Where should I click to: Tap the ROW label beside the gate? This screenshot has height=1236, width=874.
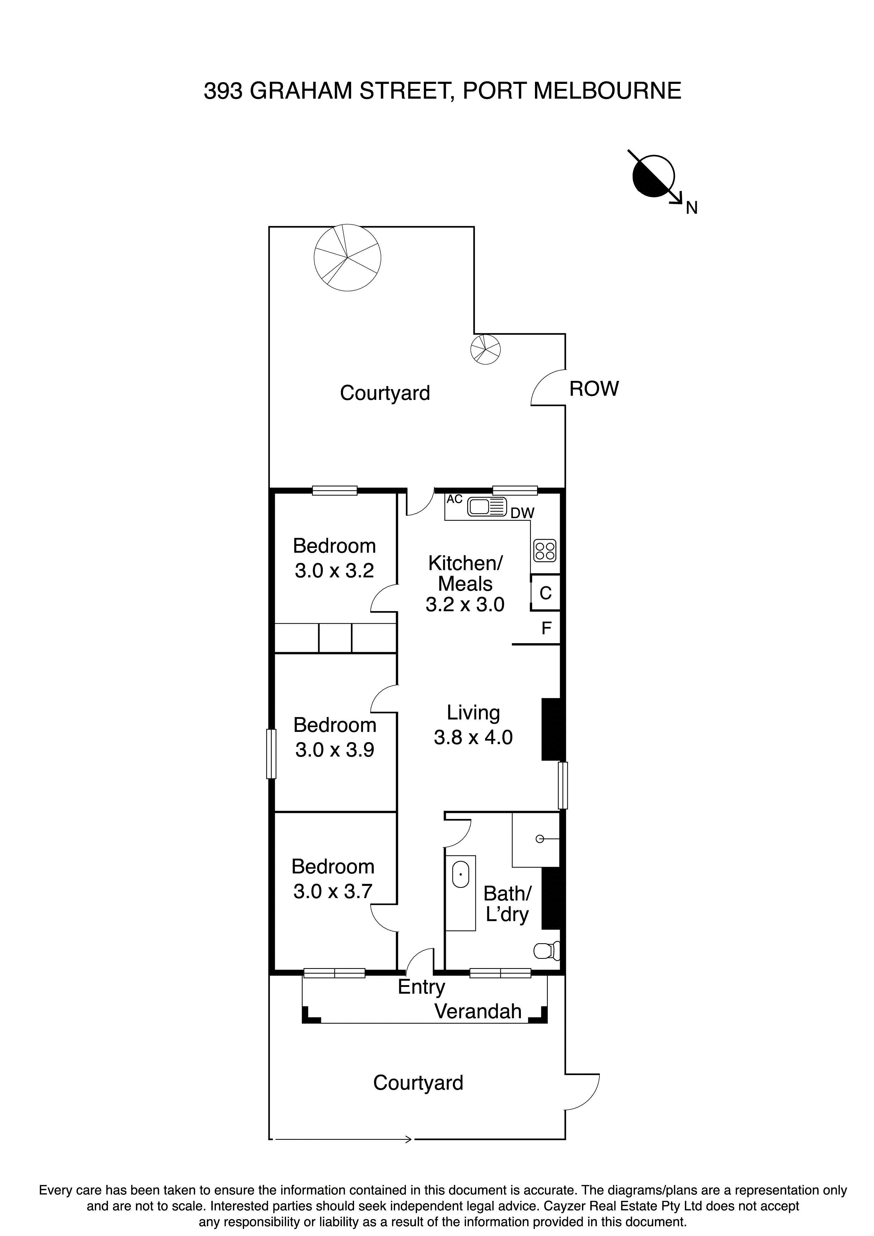[x=593, y=389]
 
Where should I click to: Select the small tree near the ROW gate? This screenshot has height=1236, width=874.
[x=485, y=350]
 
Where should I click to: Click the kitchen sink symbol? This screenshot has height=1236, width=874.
[x=487, y=507]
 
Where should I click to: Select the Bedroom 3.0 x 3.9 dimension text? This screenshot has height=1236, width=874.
[x=334, y=750]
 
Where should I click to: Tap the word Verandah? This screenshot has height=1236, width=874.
[x=478, y=1012]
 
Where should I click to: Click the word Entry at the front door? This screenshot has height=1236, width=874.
[x=421, y=987]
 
